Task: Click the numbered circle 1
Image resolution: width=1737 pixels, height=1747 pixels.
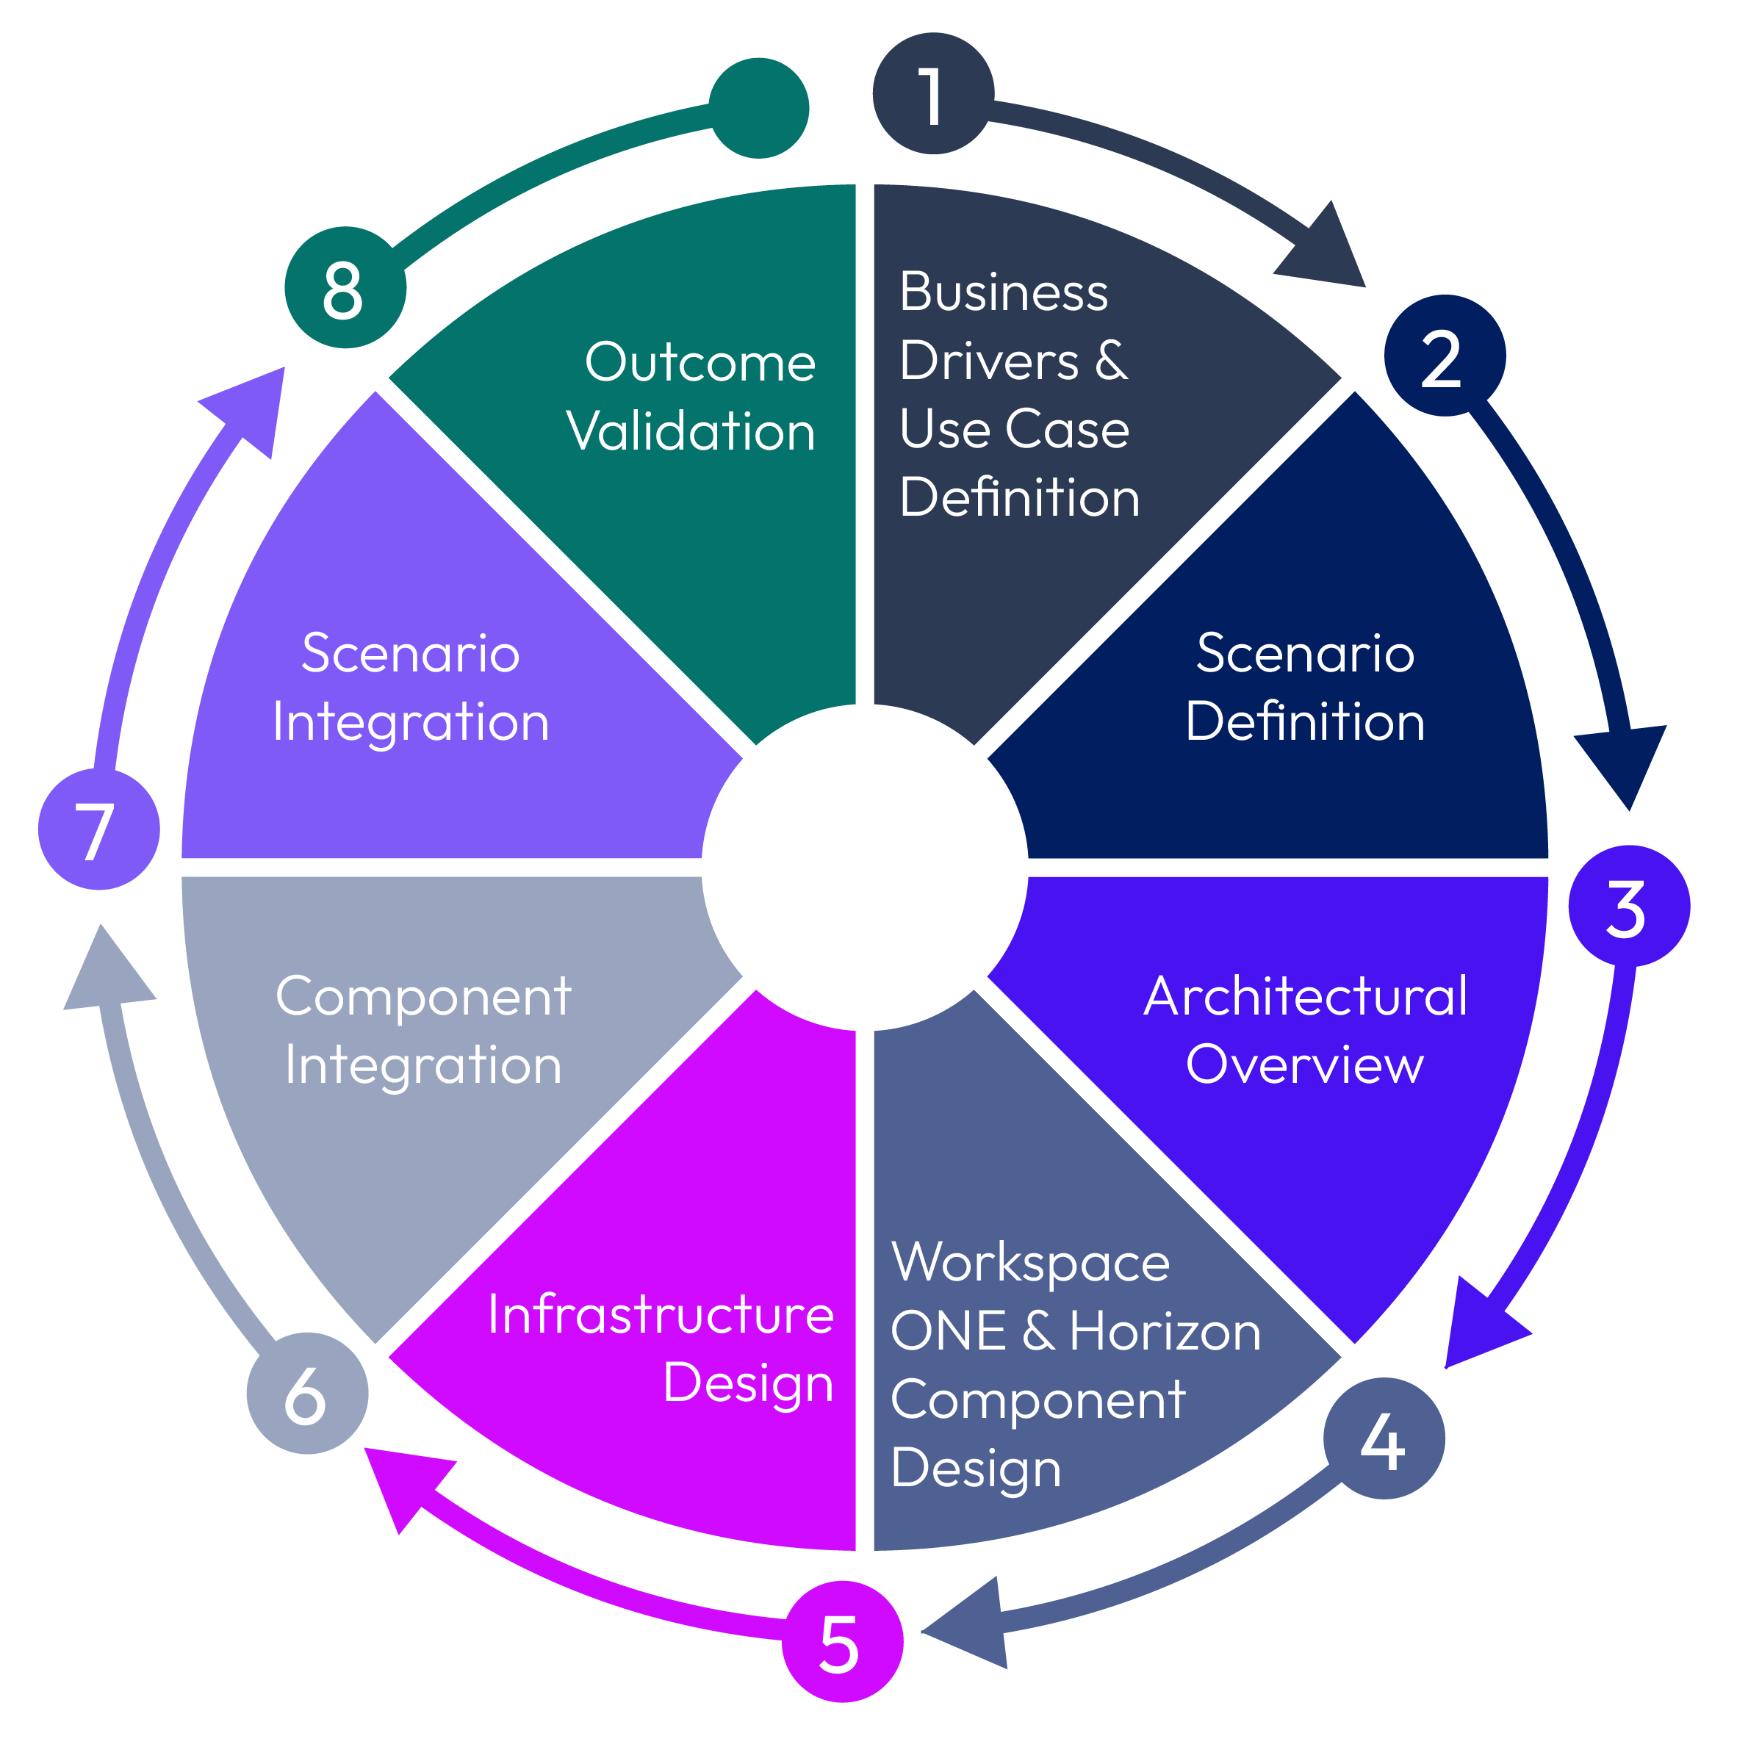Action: point(932,94)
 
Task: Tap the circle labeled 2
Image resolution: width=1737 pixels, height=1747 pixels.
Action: point(1443,356)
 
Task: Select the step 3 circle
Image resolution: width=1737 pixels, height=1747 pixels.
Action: point(1628,905)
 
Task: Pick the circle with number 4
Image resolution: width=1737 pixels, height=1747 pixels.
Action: point(1383,1438)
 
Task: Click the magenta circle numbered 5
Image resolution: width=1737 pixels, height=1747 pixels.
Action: point(841,1641)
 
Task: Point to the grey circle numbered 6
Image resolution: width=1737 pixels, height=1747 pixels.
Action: point(306,1393)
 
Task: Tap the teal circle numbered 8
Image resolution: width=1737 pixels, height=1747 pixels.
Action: point(345,287)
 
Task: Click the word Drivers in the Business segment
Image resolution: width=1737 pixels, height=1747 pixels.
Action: point(988,361)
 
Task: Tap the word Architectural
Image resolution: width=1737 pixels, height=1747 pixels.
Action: point(1304,996)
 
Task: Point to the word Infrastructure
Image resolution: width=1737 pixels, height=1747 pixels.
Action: point(660,1314)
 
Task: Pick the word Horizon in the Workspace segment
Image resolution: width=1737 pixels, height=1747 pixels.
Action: point(1164,1331)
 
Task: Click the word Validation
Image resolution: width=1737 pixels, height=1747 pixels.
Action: point(690,431)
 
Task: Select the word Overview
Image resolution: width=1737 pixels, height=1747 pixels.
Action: point(1304,1065)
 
